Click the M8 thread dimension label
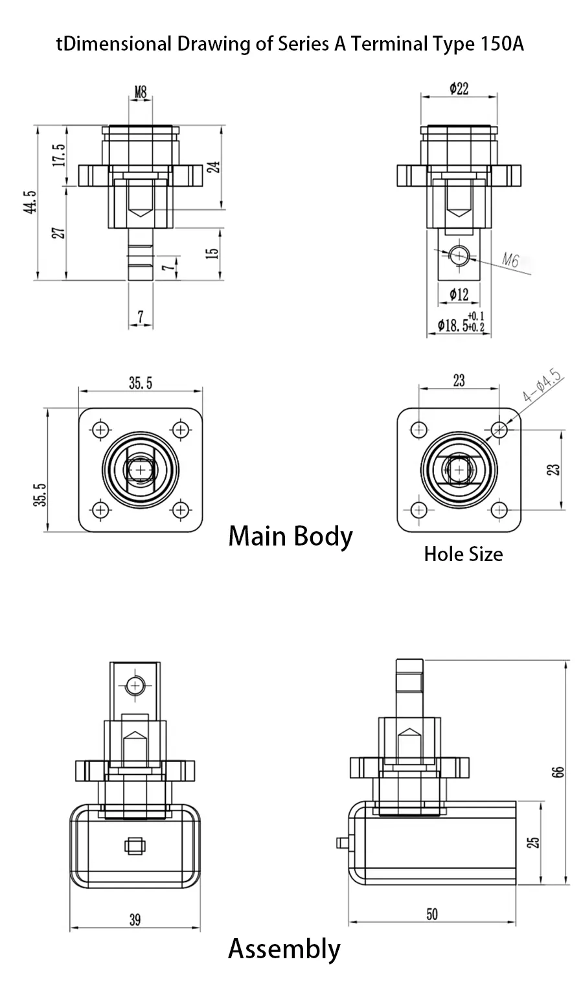[141, 93]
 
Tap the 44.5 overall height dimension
[30, 201]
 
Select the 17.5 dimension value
[58, 155]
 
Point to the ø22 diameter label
[459, 89]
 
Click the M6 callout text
[510, 260]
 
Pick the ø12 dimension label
[459, 295]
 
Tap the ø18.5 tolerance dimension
[461, 323]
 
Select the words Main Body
[290, 536]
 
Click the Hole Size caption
[463, 554]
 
